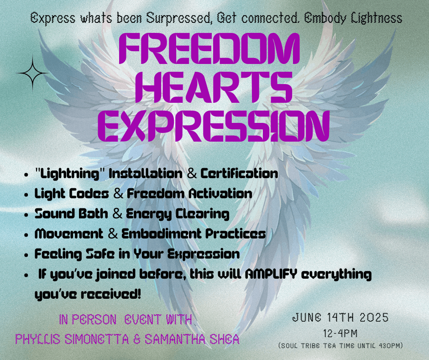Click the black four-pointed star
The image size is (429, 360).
click(x=32, y=73)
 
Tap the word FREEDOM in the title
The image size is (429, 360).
click(x=209, y=49)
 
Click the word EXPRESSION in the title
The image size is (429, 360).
click(x=214, y=126)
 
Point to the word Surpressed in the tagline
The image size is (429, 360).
click(x=178, y=19)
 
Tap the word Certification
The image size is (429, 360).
click(x=240, y=174)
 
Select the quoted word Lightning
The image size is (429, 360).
click(x=70, y=174)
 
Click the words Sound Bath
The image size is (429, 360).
click(x=71, y=214)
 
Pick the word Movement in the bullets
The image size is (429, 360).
click(x=69, y=234)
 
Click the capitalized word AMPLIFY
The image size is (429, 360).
click(x=271, y=274)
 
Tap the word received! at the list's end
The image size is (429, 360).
click(x=111, y=294)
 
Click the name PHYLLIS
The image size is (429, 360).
click(x=38, y=339)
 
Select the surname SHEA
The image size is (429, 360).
click(x=225, y=339)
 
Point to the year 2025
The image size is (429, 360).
click(x=374, y=318)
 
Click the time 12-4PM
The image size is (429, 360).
click(x=340, y=334)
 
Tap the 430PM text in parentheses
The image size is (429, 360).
click(x=390, y=345)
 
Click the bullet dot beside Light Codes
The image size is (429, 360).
click(x=26, y=195)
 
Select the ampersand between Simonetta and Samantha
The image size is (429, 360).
click(x=137, y=339)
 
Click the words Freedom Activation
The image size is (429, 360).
click(x=189, y=194)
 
